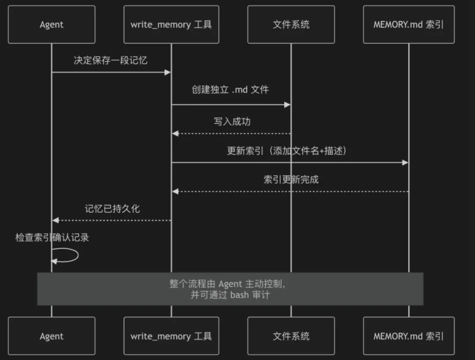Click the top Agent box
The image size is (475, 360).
point(51,25)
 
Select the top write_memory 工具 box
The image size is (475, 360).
point(171,25)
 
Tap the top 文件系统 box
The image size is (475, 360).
point(291,25)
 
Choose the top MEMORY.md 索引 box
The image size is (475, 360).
point(409,25)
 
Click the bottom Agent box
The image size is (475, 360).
point(51,336)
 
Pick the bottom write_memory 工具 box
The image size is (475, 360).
point(171,336)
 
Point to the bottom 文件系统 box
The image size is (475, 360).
point(291,336)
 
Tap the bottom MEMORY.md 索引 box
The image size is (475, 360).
point(409,336)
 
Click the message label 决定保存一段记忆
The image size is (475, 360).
point(110,60)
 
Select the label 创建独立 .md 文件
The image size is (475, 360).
point(230,90)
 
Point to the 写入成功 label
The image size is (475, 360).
point(232,121)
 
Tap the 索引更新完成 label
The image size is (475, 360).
point(291,179)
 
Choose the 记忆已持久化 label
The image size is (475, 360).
point(112,208)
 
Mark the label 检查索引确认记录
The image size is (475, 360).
point(52,238)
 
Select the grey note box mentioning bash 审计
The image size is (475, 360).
point(230,289)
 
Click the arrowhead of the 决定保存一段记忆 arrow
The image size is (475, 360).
point(168,72)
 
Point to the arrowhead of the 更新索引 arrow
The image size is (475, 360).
point(405,163)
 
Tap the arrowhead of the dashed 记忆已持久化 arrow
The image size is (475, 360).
point(55,220)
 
